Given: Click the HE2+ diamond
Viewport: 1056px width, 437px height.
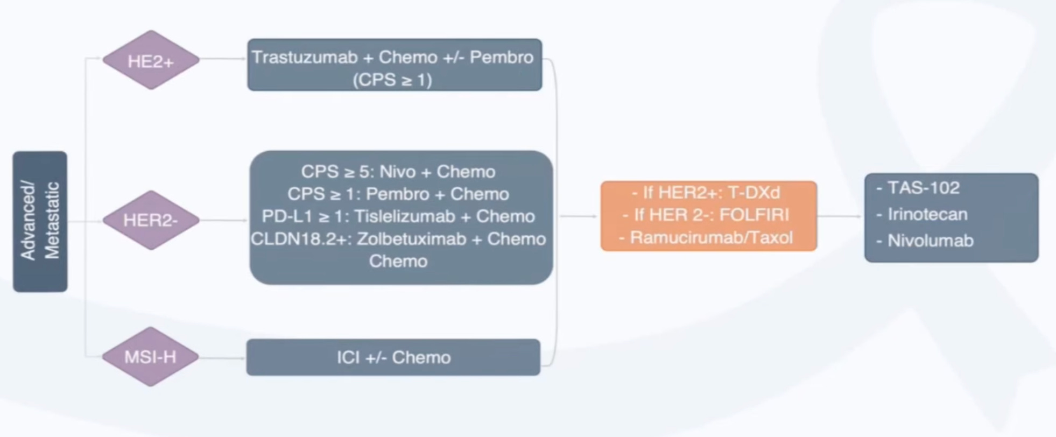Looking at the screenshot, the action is coord(151,60).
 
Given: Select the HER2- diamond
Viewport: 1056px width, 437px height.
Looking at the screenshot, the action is coord(151,220).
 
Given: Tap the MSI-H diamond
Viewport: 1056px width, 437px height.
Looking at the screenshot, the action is coord(150,357).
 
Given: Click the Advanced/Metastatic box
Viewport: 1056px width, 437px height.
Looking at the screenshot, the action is coord(40,221).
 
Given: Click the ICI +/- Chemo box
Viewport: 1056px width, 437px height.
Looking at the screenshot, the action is coord(393,357).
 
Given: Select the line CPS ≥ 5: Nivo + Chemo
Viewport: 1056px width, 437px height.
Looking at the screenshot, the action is coord(398,172).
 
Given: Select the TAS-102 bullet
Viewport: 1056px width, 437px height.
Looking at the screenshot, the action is coord(923,188).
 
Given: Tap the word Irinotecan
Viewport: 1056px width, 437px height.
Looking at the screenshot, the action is coord(927,214).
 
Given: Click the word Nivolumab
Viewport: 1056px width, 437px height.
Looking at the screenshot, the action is coord(930,241).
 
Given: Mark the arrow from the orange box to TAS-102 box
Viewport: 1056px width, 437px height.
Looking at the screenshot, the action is coord(840,216).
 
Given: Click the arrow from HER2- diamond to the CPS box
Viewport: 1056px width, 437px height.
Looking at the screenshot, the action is coord(223,220).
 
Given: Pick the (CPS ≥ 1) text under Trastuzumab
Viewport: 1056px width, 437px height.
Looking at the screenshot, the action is coord(392,80).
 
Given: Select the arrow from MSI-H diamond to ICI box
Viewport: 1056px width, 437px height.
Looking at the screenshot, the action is coord(222,358).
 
